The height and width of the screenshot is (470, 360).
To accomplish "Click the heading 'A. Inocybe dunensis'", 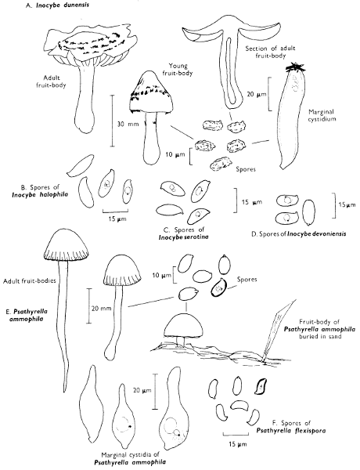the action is tap(57, 5).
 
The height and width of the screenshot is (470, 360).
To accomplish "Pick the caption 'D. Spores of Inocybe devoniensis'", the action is tap(299, 233).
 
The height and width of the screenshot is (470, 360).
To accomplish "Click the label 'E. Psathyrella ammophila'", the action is tap(27, 315).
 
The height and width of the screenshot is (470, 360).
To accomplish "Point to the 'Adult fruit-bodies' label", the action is tap(30, 281).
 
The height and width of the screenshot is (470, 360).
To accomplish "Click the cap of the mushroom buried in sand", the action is tap(184, 324).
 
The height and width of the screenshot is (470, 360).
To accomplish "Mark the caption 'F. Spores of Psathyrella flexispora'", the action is tap(291, 427).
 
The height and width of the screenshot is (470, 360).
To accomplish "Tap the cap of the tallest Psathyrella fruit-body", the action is tap(66, 245).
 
